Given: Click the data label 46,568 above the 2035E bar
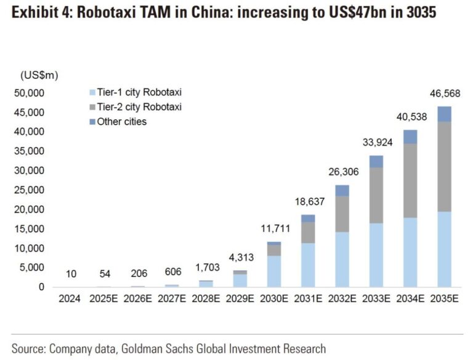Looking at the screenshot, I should pyautogui.click(x=444, y=94).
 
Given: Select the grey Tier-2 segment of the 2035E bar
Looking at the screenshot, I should pyautogui.click(x=444, y=166).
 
